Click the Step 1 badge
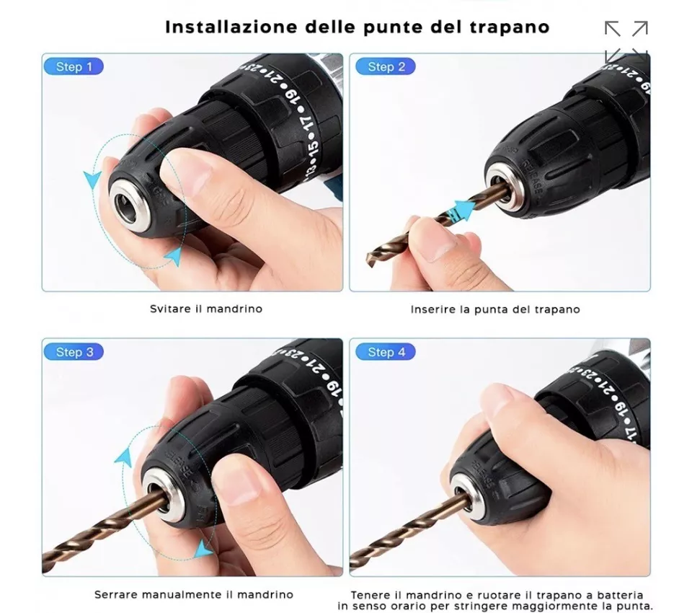click(74, 66)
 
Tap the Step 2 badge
click(386, 66)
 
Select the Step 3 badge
click(74, 352)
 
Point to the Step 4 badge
click(386, 352)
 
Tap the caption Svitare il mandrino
click(206, 309)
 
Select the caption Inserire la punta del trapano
click(495, 309)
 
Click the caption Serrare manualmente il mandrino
click(194, 594)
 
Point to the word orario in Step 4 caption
click(427, 606)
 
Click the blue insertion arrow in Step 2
click(461, 210)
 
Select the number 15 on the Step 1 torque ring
click(314, 149)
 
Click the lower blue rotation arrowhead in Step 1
click(174, 256)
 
